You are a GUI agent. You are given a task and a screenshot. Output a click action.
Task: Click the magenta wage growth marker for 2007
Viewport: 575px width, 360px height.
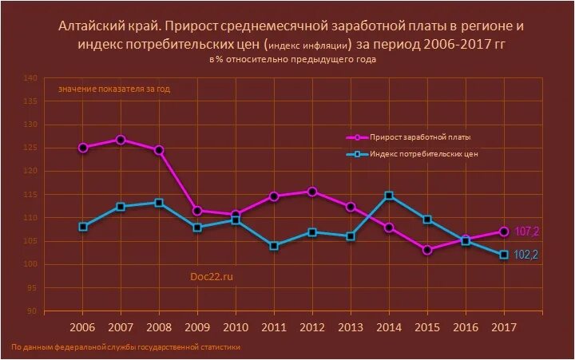pyautogui.click(x=121, y=140)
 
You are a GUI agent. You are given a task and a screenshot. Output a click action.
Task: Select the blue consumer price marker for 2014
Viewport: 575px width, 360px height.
pyautogui.click(x=389, y=196)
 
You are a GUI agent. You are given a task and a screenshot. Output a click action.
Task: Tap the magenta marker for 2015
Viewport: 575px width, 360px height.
pyautogui.click(x=427, y=250)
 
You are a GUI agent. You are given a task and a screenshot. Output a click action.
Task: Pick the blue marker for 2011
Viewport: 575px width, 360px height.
pyautogui.click(x=274, y=246)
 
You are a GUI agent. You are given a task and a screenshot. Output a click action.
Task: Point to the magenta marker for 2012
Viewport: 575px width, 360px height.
pyautogui.click(x=312, y=192)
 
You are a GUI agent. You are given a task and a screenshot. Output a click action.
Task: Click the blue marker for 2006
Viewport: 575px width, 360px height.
pyautogui.click(x=83, y=227)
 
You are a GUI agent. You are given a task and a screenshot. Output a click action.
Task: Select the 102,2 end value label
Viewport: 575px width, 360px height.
pyautogui.click(x=525, y=255)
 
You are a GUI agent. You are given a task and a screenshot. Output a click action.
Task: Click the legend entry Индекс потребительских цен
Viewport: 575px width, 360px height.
pyautogui.click(x=424, y=155)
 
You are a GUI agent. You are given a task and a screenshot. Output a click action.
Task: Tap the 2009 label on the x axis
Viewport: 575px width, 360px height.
pyautogui.click(x=197, y=327)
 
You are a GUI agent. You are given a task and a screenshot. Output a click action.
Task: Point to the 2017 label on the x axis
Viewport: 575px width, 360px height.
pyautogui.click(x=504, y=327)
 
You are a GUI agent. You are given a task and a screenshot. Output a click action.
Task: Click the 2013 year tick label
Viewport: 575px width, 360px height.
pyautogui.click(x=351, y=327)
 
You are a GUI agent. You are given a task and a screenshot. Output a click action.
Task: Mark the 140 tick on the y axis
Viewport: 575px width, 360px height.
pyautogui.click(x=30, y=78)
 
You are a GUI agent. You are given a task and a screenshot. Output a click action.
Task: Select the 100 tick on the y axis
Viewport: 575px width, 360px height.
pyautogui.click(x=30, y=264)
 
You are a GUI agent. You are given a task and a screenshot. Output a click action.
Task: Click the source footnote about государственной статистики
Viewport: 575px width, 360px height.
pyautogui.click(x=125, y=347)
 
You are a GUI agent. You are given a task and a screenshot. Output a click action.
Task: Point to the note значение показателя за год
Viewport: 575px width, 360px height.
pyautogui.click(x=113, y=89)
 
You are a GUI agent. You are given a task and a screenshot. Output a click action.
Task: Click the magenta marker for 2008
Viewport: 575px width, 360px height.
pyautogui.click(x=159, y=150)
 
